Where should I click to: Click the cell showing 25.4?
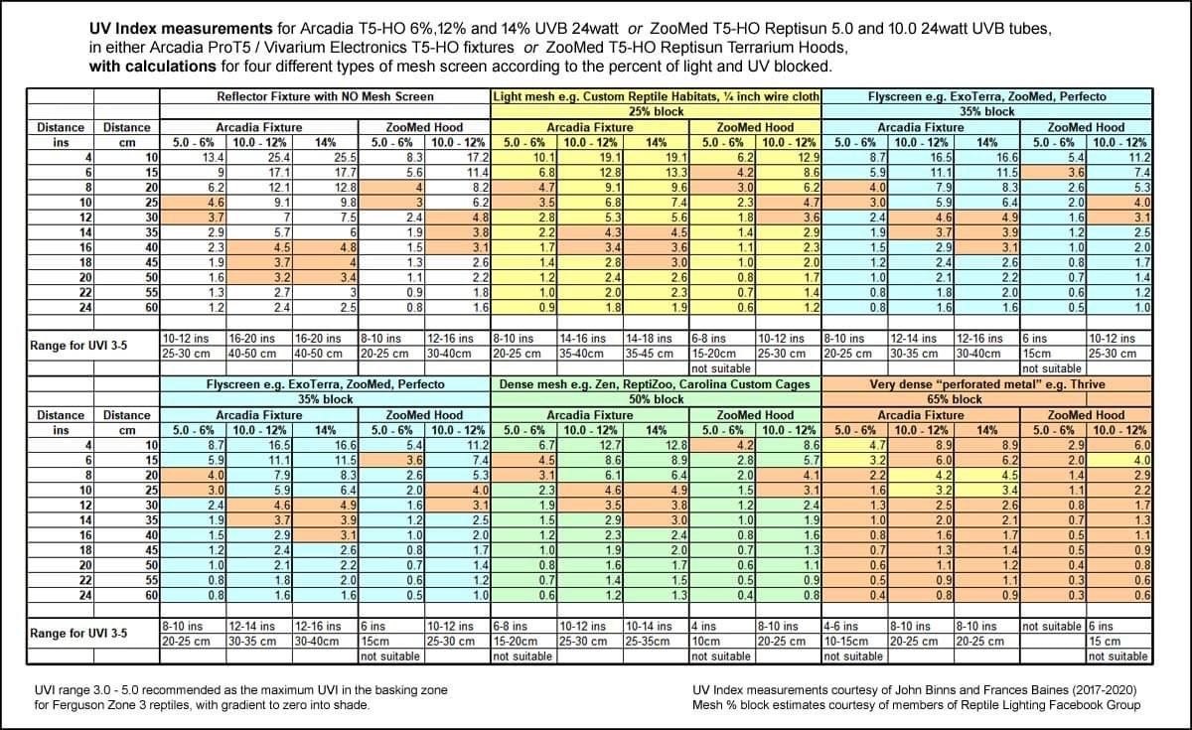click(x=259, y=158)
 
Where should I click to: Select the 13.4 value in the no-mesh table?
click(x=193, y=158)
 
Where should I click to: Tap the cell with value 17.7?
click(x=325, y=173)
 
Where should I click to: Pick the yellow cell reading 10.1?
click(x=523, y=158)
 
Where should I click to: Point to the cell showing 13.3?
click(x=657, y=173)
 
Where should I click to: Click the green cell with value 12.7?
click(x=590, y=445)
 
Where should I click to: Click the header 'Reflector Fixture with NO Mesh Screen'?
click(x=325, y=97)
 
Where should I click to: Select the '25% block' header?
click(x=657, y=111)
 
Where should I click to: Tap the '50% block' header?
click(x=657, y=399)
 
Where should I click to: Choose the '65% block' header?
click(x=987, y=399)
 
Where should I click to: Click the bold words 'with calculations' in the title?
click(x=153, y=67)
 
